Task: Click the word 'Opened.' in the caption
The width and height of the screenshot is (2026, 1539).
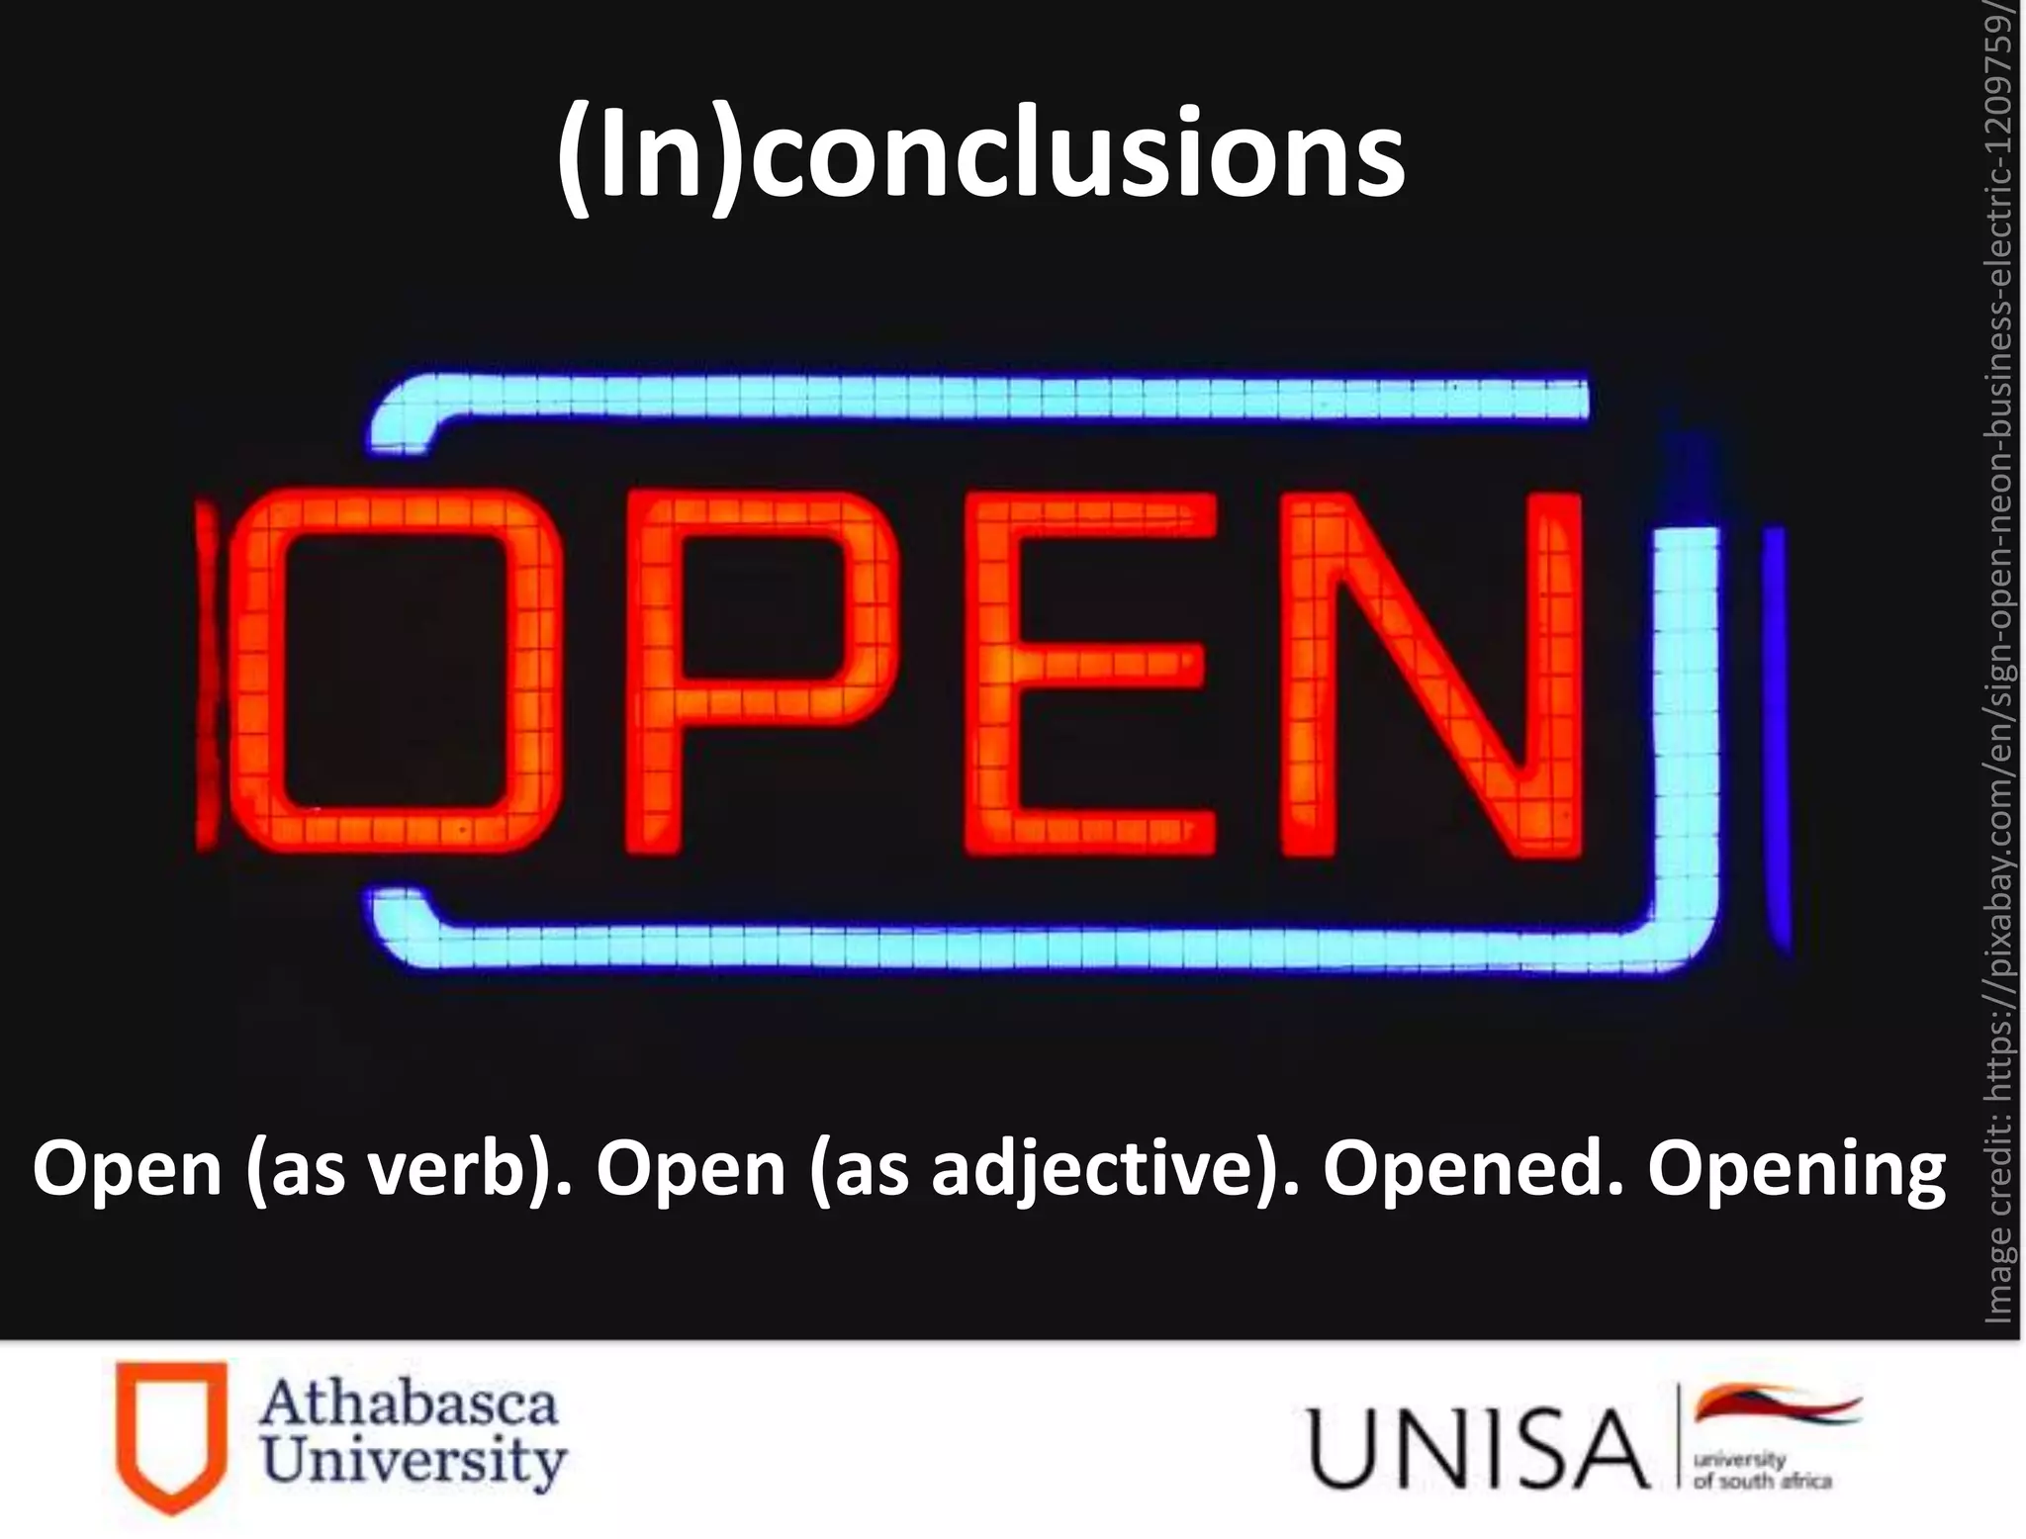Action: (1473, 1168)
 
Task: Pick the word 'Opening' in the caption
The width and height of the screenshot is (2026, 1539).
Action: (1796, 1168)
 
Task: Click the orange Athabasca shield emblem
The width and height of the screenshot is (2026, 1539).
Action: (171, 1433)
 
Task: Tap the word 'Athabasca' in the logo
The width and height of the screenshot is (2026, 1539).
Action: (410, 1403)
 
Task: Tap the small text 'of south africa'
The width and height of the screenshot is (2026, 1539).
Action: (1763, 1481)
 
